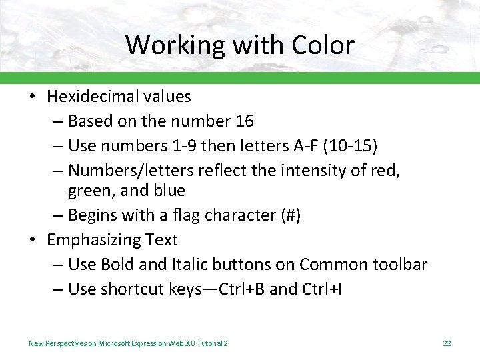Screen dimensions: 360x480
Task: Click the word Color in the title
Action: click(x=323, y=45)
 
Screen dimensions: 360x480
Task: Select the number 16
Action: click(x=245, y=121)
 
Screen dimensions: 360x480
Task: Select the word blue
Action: click(x=169, y=191)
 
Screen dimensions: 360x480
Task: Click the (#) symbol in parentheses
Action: click(x=289, y=215)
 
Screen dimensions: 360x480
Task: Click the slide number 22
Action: click(x=447, y=343)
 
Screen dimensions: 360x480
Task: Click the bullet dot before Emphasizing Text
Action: click(x=33, y=240)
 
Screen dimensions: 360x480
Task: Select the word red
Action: click(x=387, y=171)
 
